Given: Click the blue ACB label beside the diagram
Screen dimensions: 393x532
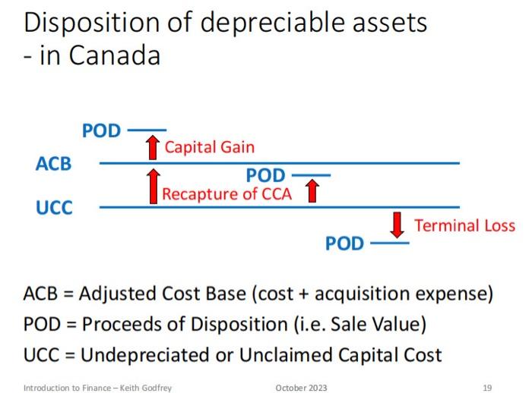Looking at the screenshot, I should (53, 163).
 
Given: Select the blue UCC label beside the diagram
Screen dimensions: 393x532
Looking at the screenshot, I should (54, 207).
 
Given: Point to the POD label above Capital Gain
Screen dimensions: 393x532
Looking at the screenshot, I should (101, 131).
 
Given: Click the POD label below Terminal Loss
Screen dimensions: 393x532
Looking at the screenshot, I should (344, 244).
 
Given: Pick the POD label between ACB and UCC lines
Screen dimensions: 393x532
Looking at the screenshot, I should (265, 177).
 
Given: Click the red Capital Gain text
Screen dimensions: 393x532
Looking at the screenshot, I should (209, 147).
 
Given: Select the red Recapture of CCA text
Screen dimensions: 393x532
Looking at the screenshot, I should (226, 193).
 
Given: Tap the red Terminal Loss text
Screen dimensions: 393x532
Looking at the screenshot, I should (464, 225).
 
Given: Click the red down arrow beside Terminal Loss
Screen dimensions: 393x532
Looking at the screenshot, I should (397, 225).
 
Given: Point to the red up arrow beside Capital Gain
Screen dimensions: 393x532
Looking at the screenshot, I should (152, 147).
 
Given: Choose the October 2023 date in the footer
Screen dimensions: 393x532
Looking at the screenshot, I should (301, 388).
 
